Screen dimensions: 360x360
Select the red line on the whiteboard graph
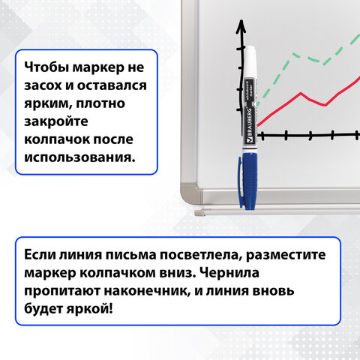300,97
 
